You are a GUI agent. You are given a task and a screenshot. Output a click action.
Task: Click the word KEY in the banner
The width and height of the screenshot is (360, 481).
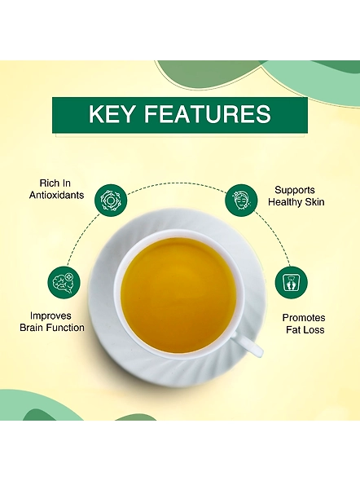(x=112, y=114)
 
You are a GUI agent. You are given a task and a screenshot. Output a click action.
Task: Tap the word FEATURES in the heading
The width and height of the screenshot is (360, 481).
(x=208, y=114)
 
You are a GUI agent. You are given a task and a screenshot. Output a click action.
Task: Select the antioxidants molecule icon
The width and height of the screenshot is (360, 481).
(x=110, y=201)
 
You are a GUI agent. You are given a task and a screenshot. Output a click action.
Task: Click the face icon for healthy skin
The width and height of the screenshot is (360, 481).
(x=241, y=201)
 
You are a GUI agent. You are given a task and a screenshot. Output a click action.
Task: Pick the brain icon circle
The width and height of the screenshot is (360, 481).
(x=64, y=282)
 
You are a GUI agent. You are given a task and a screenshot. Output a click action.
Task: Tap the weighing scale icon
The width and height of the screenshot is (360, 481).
(x=291, y=283)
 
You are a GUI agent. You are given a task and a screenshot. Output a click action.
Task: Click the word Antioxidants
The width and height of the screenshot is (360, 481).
(x=57, y=195)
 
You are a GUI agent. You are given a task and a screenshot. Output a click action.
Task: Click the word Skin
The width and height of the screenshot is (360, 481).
(x=314, y=202)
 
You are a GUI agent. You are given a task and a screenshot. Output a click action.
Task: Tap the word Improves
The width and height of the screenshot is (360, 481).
(x=50, y=316)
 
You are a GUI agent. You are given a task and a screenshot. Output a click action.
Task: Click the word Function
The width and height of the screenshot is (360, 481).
(x=64, y=328)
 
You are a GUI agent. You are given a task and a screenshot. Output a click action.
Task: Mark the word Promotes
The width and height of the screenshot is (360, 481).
(x=304, y=318)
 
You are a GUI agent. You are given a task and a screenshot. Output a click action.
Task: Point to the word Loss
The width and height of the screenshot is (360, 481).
(x=314, y=329)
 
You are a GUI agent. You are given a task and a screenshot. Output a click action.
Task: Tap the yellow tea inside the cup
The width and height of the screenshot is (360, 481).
(x=178, y=295)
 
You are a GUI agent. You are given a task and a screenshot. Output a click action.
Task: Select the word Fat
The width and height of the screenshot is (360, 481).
(x=294, y=329)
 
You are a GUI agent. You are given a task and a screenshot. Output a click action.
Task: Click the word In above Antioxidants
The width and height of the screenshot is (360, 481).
(x=67, y=183)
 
